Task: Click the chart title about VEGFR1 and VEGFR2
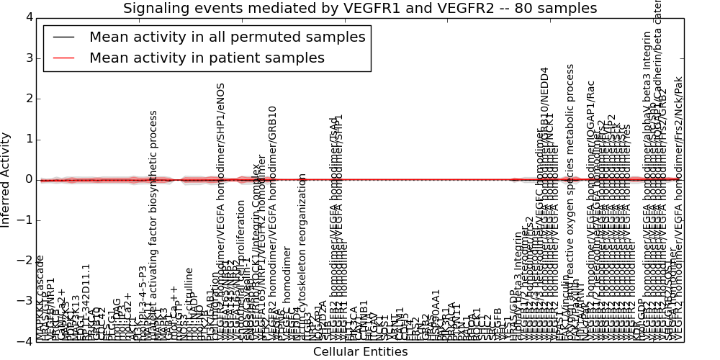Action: tap(360, 9)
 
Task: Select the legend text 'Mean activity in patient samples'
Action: tap(207, 58)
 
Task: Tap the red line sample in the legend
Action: tap(62, 58)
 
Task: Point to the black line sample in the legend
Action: tap(62, 37)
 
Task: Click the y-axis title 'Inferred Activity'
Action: tap(6, 179)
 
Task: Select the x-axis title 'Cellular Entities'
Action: tap(360, 352)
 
